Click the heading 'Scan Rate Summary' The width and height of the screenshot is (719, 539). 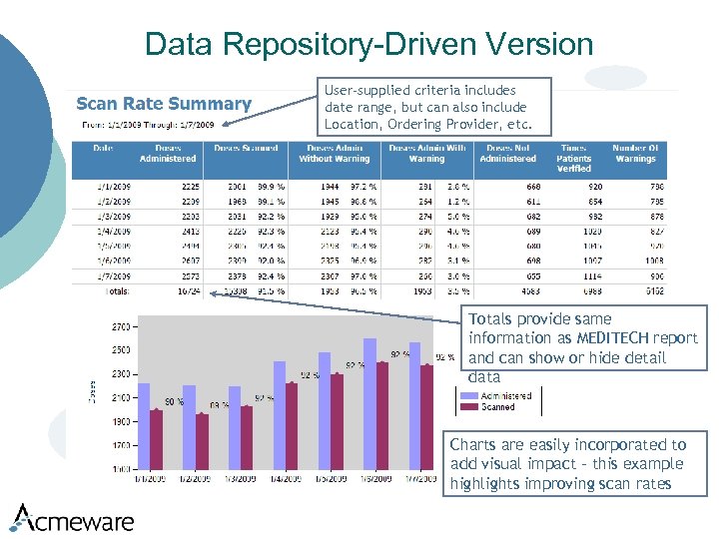pos(164,104)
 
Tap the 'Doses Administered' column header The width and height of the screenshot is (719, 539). pos(168,153)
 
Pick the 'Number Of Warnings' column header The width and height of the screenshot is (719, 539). pos(635,153)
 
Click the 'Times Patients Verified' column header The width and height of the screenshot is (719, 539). pos(574,158)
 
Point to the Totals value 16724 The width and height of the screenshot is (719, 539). pos(189,291)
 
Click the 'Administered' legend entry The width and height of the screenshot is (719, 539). pos(506,396)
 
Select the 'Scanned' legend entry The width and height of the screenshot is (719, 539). pos(498,407)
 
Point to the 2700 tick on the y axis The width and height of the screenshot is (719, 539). pos(121,326)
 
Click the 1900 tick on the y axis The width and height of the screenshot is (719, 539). pos(121,421)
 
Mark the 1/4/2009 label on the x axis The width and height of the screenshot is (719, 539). pos(285,479)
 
